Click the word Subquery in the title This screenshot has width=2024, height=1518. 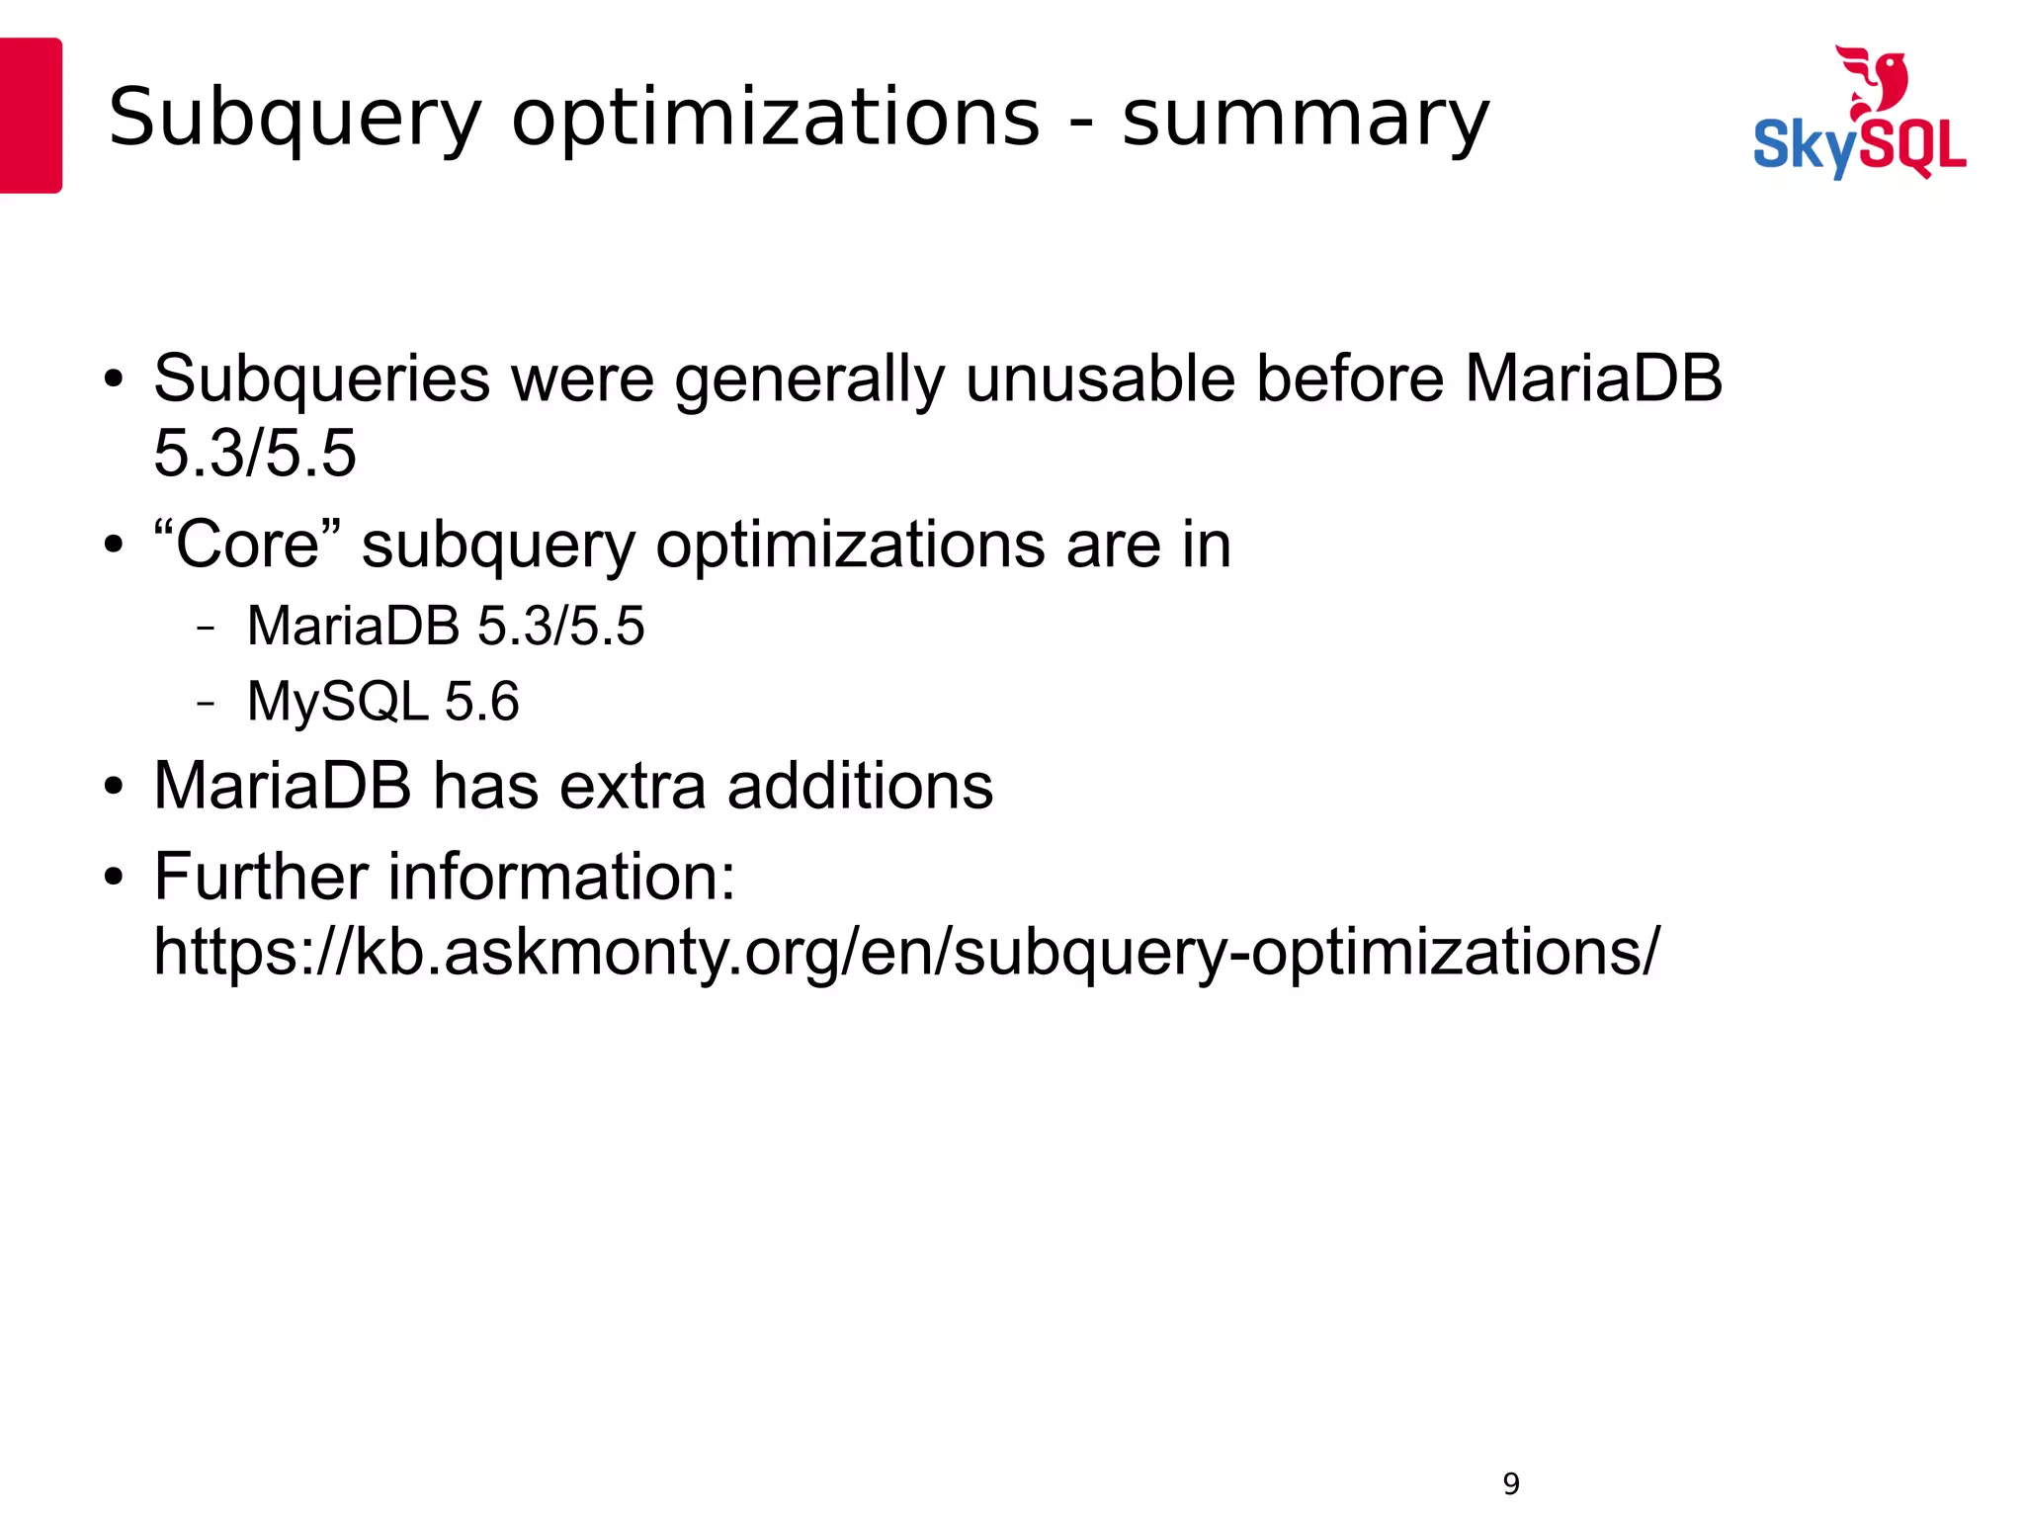[295, 119]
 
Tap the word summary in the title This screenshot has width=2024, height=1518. [1305, 119]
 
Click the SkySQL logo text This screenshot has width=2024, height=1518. [1859, 146]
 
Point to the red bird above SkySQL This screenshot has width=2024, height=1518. [1874, 79]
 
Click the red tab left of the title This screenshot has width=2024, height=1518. [31, 115]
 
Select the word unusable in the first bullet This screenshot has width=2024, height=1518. [1099, 379]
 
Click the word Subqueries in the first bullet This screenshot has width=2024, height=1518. [321, 379]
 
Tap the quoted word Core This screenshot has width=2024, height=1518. [247, 545]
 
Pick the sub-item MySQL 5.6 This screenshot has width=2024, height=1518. [382, 702]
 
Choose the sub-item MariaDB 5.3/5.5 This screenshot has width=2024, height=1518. [445, 626]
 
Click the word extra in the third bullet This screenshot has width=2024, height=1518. [632, 787]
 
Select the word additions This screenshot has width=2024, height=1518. [860, 787]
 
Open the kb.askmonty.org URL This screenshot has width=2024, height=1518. [906, 952]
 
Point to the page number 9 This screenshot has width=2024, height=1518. [1510, 1483]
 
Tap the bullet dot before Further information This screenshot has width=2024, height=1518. [115, 877]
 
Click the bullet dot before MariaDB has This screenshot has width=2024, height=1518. [115, 788]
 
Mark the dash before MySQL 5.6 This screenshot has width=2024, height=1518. [206, 703]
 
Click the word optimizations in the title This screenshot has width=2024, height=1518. [776, 119]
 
